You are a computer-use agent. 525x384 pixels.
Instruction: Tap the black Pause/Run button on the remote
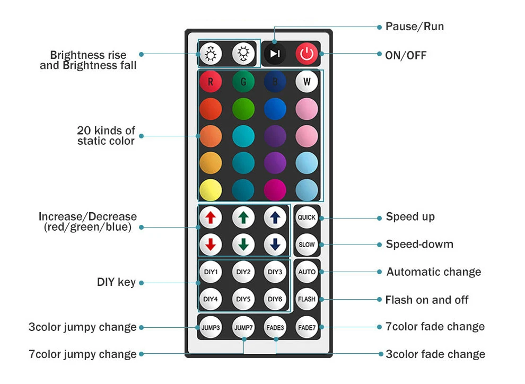(275, 54)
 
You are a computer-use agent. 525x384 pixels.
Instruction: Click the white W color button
(307, 82)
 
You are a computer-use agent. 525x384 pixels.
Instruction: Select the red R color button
(211, 82)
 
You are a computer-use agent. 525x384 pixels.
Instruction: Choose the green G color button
(243, 82)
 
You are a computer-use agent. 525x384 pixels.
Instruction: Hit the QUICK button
(307, 217)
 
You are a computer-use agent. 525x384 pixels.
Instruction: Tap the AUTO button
(307, 272)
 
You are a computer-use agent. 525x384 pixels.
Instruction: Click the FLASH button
(307, 299)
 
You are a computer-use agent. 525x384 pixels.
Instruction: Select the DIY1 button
(211, 272)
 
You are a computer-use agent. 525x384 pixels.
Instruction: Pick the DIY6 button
(275, 299)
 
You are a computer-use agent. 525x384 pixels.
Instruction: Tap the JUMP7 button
(243, 327)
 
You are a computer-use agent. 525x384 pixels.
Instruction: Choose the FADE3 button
(275, 327)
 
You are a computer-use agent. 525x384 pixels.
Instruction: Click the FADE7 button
(307, 327)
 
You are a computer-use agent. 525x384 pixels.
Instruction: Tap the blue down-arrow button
(275, 245)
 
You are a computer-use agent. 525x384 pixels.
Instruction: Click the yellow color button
(211, 190)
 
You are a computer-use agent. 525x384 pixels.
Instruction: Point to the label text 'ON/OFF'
(406, 55)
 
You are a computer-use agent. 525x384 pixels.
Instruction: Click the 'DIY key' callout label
(116, 282)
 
